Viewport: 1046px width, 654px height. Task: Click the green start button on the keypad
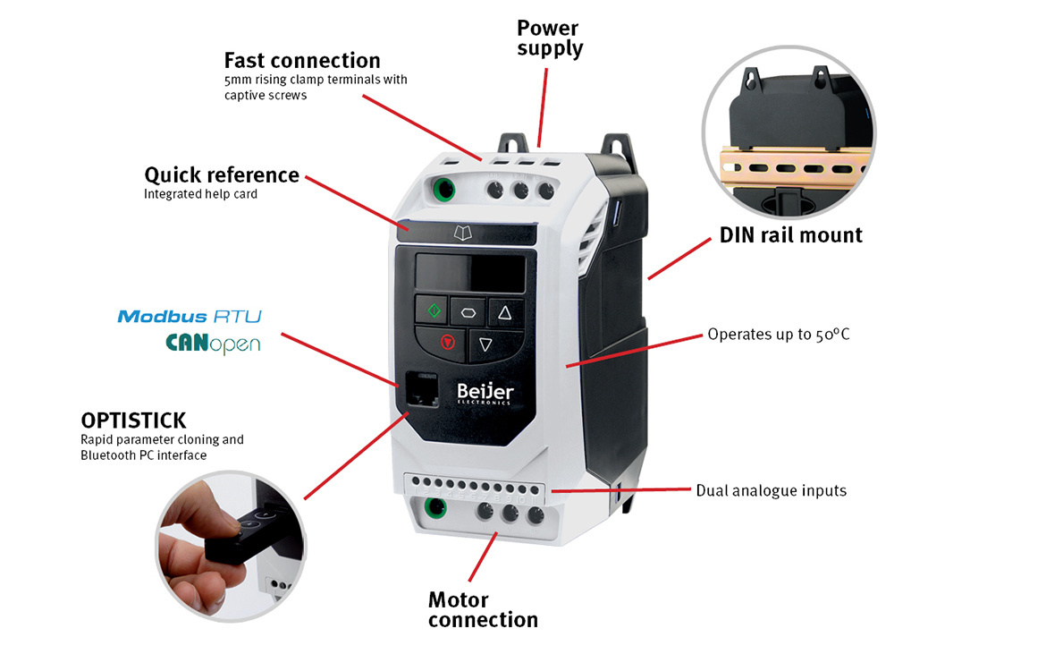click(434, 310)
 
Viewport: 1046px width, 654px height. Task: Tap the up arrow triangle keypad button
click(503, 312)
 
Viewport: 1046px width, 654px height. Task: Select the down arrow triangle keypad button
click(485, 344)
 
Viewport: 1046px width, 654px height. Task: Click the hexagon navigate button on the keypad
click(468, 311)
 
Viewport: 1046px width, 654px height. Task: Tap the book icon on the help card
click(461, 234)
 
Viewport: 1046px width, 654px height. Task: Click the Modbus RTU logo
click(190, 316)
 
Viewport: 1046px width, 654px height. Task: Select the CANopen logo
click(213, 343)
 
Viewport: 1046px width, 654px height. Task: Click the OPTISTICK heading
click(133, 420)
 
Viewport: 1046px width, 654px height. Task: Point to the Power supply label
click(549, 38)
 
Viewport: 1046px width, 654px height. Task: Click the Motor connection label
click(483, 609)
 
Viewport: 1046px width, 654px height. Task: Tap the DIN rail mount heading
click(790, 235)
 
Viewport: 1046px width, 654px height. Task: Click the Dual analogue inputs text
click(771, 490)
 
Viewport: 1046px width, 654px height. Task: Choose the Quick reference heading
click(221, 174)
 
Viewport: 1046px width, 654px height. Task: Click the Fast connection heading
click(301, 61)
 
